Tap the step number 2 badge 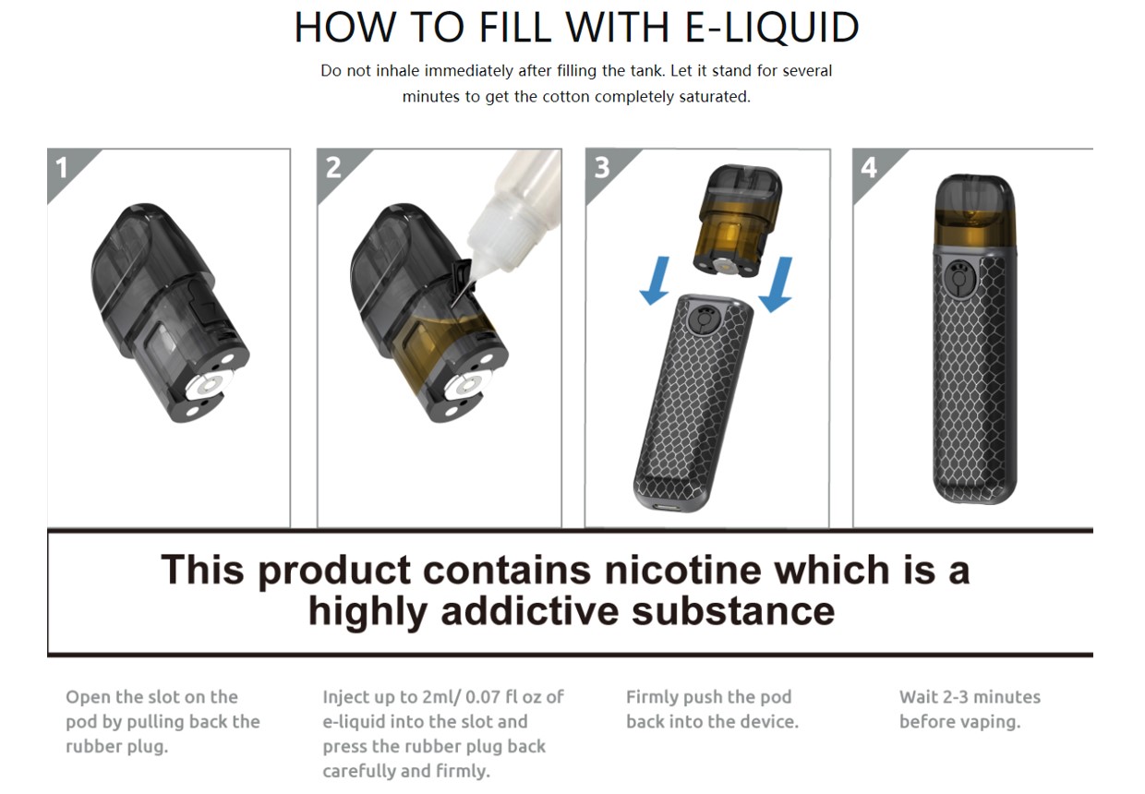[335, 169]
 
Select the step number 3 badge [604, 169]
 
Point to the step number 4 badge [871, 169]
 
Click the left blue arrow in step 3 [657, 281]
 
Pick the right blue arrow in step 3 [777, 284]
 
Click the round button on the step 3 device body [704, 320]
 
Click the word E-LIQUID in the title [772, 28]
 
